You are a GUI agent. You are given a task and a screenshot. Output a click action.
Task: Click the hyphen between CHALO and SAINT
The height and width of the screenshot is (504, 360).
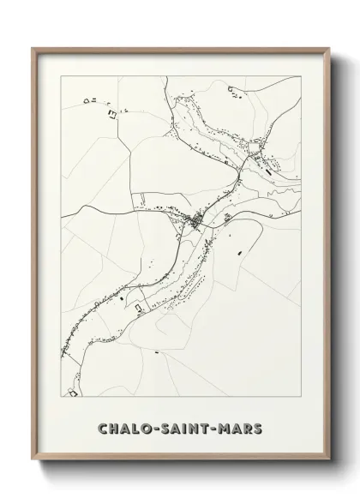tap(149, 427)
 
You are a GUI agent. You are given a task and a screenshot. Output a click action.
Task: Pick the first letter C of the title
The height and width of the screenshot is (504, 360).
tap(102, 427)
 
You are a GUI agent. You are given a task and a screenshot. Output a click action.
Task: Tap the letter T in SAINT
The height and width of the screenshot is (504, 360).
tap(203, 427)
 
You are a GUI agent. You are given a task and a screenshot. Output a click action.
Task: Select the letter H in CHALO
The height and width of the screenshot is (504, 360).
tap(112, 427)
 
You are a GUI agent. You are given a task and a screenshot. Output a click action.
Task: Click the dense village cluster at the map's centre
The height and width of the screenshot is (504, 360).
tap(196, 224)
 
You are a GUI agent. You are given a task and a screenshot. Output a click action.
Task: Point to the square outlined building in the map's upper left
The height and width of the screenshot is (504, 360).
tap(110, 112)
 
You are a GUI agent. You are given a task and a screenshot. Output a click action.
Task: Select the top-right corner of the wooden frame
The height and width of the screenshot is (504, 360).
tap(329, 48)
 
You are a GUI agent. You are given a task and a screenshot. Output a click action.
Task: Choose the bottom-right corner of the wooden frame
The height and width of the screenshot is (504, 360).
tap(329, 461)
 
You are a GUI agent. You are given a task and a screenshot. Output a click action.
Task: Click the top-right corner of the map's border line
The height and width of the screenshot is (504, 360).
tap(301, 76)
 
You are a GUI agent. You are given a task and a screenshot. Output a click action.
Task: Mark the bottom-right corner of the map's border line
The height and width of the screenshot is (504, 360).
tap(301, 396)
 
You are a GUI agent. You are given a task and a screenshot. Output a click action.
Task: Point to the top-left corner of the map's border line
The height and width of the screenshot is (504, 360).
tap(62, 76)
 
